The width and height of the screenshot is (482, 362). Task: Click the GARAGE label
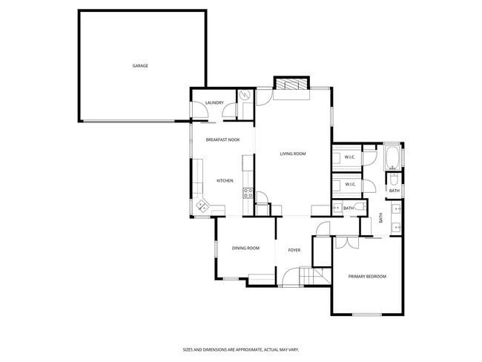click(x=140, y=66)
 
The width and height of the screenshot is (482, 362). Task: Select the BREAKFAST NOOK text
click(x=222, y=139)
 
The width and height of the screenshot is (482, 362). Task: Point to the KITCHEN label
click(x=225, y=181)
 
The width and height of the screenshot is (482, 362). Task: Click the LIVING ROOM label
click(x=293, y=154)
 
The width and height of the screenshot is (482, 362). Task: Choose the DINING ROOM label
click(x=245, y=248)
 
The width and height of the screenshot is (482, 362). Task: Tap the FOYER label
click(x=294, y=250)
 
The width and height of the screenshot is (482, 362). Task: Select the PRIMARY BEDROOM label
click(x=367, y=277)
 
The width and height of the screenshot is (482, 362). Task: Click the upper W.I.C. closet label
click(x=351, y=157)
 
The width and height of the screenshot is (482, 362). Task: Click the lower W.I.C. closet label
click(x=351, y=184)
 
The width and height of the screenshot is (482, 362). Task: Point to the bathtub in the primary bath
click(x=392, y=158)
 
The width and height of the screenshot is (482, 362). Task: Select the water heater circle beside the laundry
click(x=245, y=96)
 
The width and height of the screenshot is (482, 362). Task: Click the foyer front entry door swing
click(x=291, y=276)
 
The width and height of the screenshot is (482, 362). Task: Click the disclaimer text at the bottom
click(x=240, y=349)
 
